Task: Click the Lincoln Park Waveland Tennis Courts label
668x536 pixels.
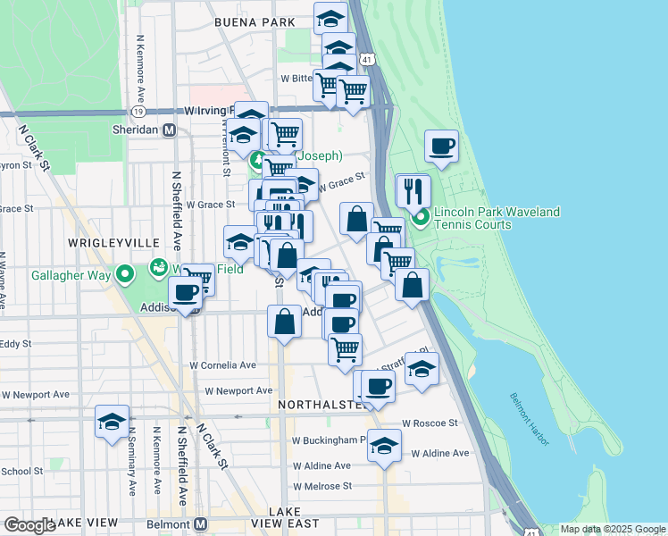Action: point(497,218)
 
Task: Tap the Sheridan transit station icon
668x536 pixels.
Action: point(168,130)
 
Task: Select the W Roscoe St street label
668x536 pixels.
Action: point(430,423)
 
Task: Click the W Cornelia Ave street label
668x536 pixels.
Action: point(223,365)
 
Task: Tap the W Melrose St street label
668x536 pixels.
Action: point(322,486)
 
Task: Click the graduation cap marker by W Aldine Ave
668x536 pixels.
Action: point(384,446)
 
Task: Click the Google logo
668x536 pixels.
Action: point(29,526)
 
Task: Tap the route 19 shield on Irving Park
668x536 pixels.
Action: point(138,112)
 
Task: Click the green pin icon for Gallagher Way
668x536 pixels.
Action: point(125,273)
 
